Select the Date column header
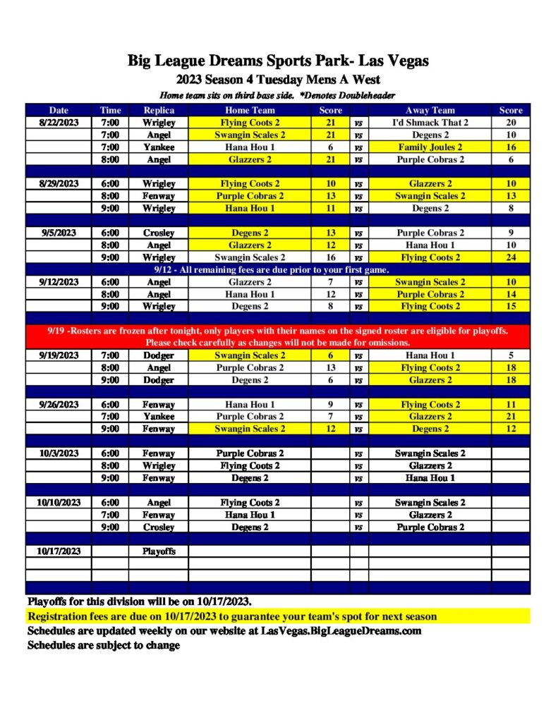coord(59,110)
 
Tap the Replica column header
coord(159,110)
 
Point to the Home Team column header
coord(250,110)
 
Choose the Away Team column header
coord(430,110)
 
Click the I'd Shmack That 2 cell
coord(430,123)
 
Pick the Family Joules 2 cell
coord(430,147)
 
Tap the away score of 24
coord(511,257)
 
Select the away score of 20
coord(511,123)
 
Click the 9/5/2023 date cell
coord(59,233)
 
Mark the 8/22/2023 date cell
coord(59,123)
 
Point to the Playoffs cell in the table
coord(159,551)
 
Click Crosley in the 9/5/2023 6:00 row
coord(159,233)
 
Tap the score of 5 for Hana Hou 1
coord(511,355)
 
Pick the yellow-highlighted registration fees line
coord(232,617)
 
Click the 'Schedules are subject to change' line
coord(104,645)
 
